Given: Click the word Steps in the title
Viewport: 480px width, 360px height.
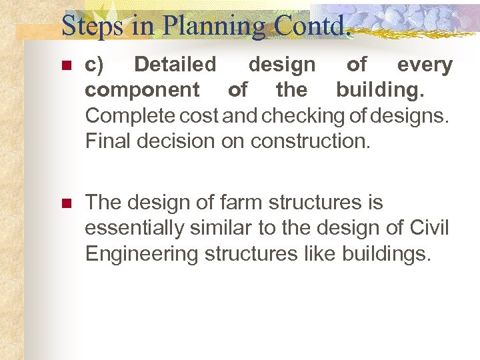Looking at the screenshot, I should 91,26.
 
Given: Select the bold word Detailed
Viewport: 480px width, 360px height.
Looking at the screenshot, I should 175,65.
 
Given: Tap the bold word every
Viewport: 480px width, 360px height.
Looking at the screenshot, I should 425,65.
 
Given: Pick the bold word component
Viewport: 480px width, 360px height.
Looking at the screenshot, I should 142,90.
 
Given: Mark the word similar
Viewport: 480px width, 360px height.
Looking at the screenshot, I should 228,228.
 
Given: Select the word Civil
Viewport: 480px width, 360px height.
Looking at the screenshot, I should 427,228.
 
